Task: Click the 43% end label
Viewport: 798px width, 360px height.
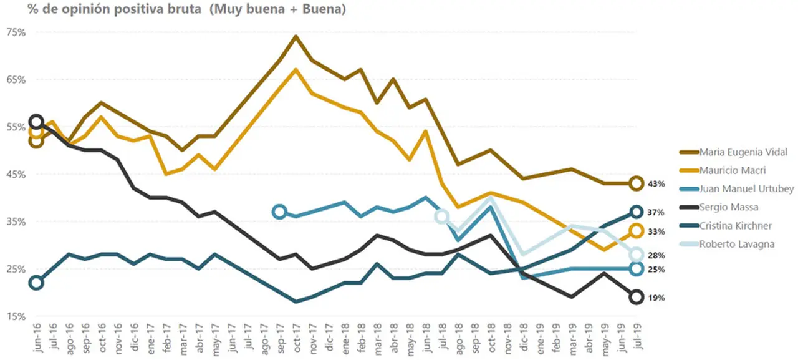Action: (656, 184)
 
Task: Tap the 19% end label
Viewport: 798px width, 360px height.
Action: (656, 298)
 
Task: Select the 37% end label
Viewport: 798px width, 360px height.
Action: (656, 212)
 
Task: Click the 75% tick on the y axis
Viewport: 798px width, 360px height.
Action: (16, 32)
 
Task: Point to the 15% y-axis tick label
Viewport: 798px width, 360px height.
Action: (16, 316)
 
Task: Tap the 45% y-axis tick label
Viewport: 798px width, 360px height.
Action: (16, 175)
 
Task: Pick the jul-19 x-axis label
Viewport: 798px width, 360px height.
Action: (637, 336)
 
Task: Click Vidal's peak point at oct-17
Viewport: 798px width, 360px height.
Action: (296, 36)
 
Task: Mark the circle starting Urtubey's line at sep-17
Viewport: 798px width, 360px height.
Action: (280, 212)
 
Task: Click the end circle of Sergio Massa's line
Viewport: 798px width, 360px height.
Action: (637, 297)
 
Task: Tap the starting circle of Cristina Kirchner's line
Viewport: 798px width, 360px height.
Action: (36, 283)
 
